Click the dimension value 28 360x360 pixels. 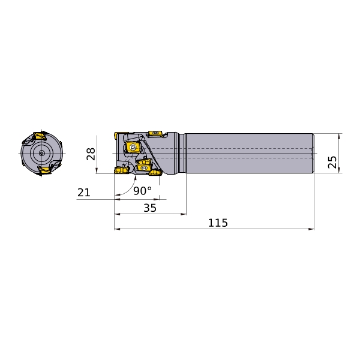tap(91, 154)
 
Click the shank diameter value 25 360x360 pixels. tap(332, 162)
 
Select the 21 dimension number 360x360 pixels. tap(84, 193)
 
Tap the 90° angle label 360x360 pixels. tap(142, 191)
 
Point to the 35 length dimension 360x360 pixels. tap(150, 208)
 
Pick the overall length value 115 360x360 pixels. tap(218, 223)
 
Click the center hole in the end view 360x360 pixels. tap(41, 153)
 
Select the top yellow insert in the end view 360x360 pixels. tap(39, 136)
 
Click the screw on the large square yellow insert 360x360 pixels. tap(132, 148)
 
